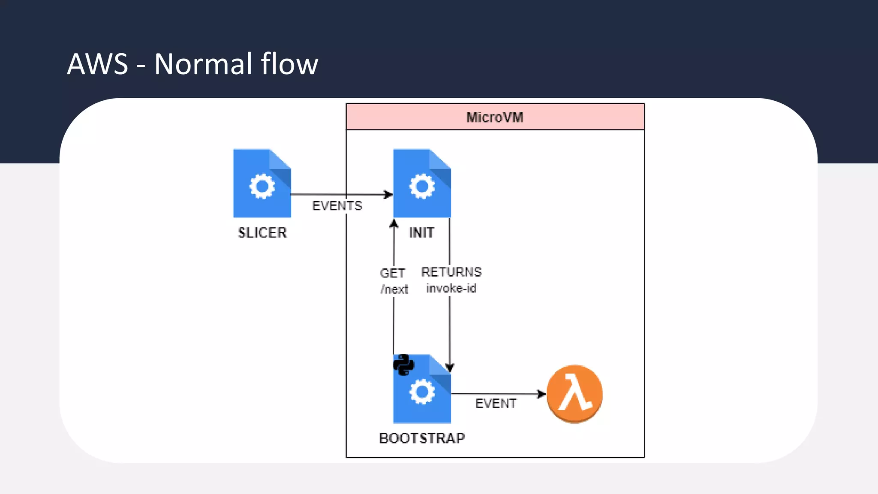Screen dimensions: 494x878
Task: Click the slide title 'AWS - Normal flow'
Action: [192, 64]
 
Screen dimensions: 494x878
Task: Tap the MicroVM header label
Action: [495, 117]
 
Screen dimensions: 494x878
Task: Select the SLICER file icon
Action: [262, 183]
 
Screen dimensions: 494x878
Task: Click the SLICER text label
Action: [262, 233]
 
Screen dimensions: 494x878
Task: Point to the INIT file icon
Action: [422, 183]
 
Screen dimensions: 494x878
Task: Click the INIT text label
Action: [421, 233]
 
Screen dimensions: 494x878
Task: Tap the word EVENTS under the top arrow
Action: [337, 206]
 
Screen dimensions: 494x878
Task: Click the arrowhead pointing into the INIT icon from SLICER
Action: [388, 195]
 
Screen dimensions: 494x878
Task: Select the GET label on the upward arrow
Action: [392, 273]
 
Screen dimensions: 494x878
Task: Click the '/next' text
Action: [394, 289]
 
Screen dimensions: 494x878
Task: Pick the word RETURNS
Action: [451, 272]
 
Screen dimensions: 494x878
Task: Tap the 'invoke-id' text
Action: [451, 289]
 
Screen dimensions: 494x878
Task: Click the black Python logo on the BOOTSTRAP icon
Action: [403, 365]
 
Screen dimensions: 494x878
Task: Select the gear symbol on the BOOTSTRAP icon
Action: [422, 392]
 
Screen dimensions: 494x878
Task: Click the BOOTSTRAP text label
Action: [422, 438]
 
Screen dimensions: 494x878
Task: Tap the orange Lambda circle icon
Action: [574, 394]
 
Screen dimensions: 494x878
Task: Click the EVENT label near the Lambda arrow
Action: [496, 404]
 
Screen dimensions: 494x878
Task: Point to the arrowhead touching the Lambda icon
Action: [541, 394]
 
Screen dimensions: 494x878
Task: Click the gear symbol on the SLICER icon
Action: [262, 186]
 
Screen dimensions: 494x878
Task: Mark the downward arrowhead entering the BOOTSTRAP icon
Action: [450, 367]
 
